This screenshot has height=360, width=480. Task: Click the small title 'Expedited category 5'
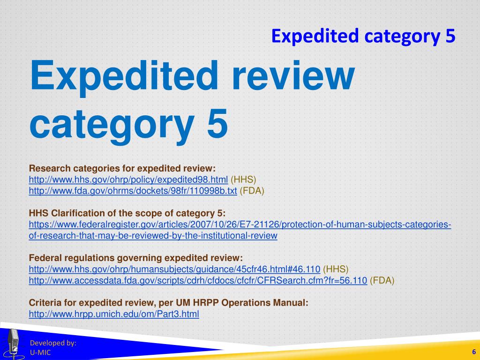363,36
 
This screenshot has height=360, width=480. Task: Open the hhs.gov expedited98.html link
128,180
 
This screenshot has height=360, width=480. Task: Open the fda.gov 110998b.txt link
133,191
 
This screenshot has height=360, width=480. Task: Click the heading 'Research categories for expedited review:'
122,168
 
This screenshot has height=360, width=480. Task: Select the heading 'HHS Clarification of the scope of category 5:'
127,213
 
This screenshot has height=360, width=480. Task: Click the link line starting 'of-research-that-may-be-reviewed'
153,236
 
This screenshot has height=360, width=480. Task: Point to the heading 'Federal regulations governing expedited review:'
136,258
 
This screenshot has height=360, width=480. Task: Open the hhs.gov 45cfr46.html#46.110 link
174,270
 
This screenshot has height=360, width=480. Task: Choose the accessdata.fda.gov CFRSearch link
198,281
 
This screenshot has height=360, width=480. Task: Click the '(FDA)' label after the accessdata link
382,281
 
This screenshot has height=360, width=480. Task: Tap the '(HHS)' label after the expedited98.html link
243,180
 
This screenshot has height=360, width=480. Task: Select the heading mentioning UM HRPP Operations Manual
169,303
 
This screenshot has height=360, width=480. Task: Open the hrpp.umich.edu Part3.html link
114,315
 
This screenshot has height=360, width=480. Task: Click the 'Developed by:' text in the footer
53,343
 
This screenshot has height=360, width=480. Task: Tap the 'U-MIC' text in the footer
40,353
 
